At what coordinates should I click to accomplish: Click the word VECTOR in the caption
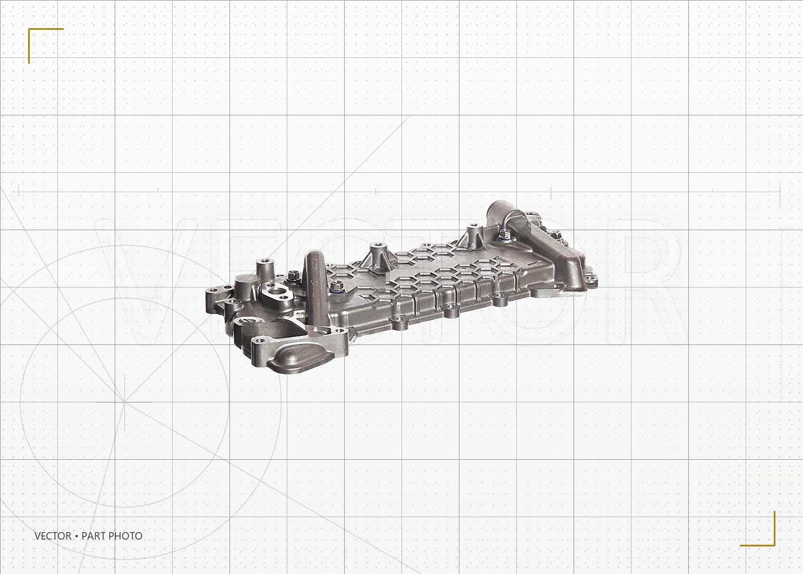(x=53, y=536)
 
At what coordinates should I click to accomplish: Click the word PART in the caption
(x=93, y=536)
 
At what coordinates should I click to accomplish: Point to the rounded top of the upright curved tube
(x=314, y=257)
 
